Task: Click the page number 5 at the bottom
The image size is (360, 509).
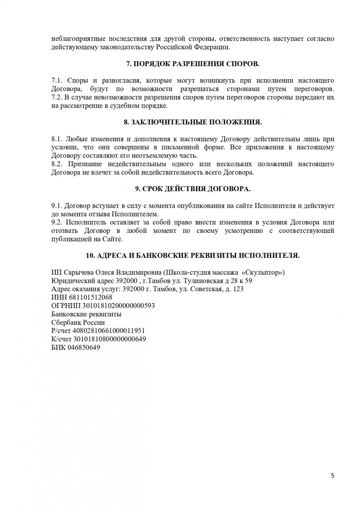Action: (332, 476)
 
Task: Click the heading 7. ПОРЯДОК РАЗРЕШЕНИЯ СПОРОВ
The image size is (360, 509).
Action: (193, 64)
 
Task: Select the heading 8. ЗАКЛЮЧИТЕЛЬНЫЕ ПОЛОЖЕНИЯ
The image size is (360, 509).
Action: (193, 122)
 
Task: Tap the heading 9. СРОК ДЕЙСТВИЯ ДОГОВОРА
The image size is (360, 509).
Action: (193, 189)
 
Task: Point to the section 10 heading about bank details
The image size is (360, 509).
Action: (193, 256)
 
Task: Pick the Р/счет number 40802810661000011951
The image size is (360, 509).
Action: (109, 331)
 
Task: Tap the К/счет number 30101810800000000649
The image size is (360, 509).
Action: (109, 339)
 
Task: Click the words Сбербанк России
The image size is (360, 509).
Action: (78, 323)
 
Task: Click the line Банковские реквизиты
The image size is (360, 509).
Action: (86, 314)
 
